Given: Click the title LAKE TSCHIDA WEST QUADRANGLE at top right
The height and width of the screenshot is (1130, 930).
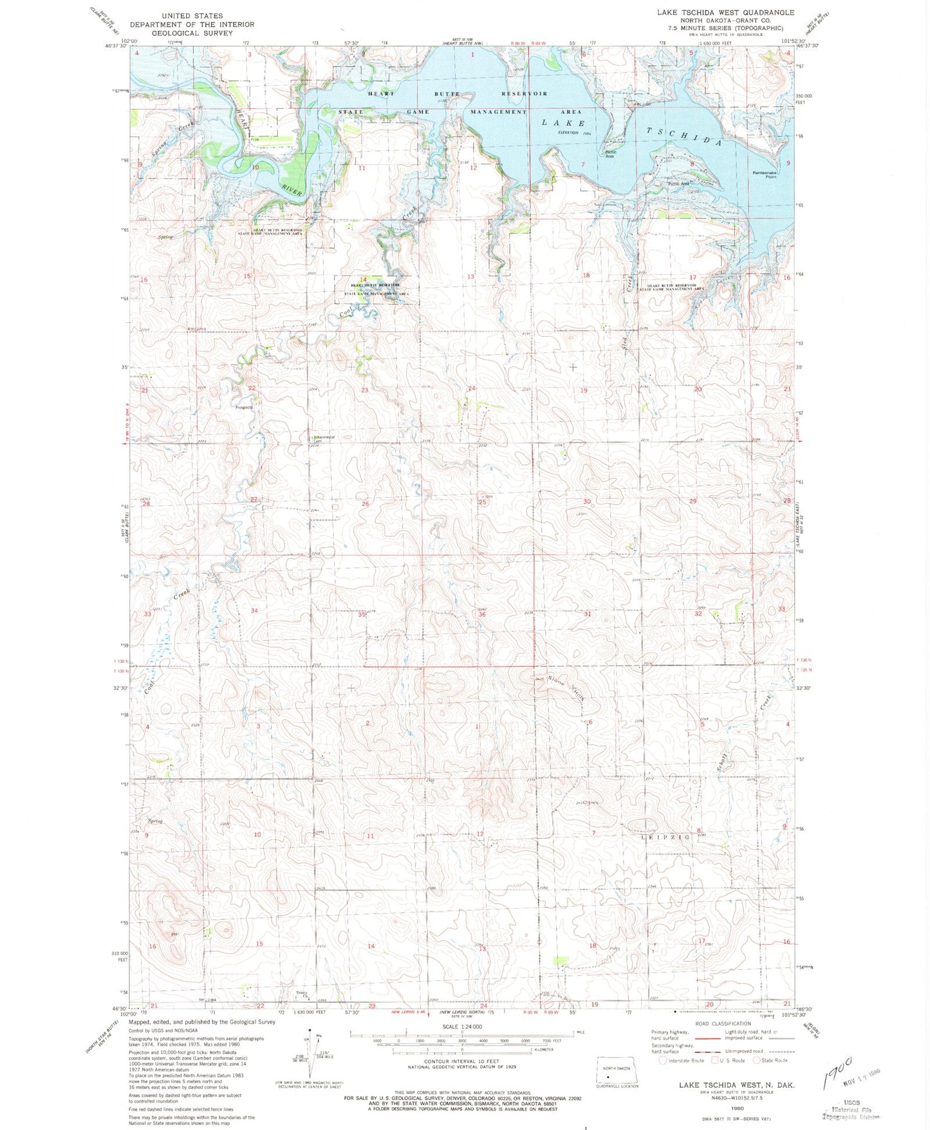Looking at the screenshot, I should click(725, 12).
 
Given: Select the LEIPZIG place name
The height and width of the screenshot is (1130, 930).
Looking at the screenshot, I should click(666, 837).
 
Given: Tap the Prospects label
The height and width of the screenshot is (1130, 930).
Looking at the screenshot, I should click(244, 407).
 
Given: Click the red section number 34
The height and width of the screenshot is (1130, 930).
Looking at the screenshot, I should click(254, 610).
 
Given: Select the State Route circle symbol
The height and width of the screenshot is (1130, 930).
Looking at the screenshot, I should click(757, 1061).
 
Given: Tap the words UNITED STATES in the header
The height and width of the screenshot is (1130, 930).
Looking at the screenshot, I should click(192, 15).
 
